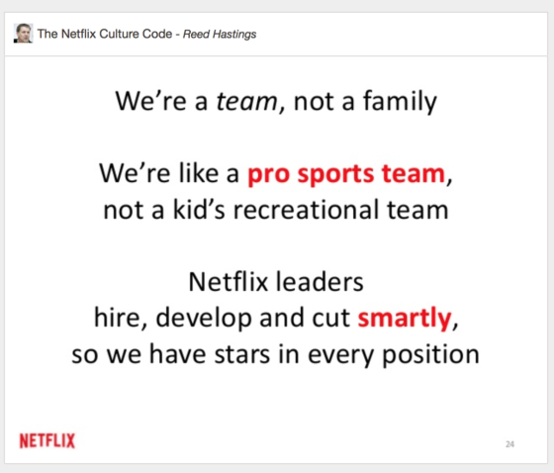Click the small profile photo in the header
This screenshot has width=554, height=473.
click(x=23, y=35)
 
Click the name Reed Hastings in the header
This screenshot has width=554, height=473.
click(x=221, y=36)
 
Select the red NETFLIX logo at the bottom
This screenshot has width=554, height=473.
click(x=46, y=440)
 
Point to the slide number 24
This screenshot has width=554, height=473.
click(x=509, y=444)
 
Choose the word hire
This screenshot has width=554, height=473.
click(x=109, y=319)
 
